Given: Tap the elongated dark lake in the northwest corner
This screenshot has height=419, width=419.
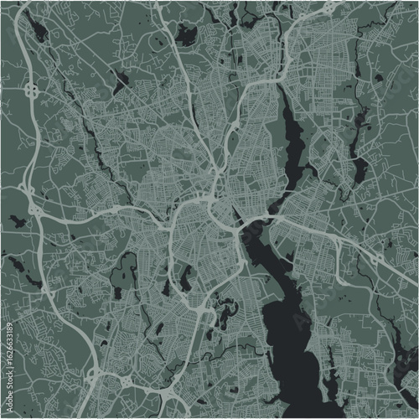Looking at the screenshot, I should pos(37,32).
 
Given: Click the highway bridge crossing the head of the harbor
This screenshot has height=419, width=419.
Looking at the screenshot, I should pos(248,225).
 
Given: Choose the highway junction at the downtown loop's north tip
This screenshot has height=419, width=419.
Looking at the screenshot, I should pos(207,199).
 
